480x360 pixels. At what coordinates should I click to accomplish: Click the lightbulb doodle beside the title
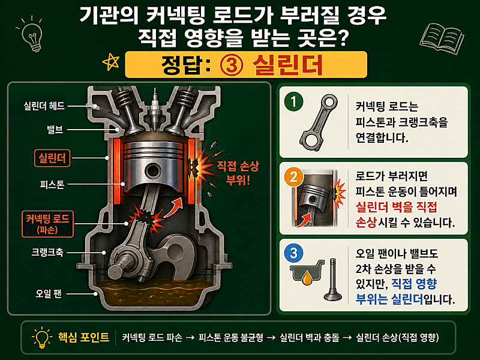click(33, 36)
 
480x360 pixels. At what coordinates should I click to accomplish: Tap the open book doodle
click(442, 38)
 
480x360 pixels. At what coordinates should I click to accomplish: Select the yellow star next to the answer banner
click(111, 62)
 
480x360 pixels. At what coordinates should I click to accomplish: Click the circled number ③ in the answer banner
click(232, 65)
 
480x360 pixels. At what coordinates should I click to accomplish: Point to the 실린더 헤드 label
click(44, 106)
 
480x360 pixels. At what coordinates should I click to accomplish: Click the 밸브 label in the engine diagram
click(55, 130)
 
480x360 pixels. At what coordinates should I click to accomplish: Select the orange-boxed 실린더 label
click(52, 158)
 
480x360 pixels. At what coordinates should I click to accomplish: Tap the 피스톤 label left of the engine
click(52, 184)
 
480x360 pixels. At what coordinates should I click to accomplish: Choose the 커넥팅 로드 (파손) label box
click(47, 224)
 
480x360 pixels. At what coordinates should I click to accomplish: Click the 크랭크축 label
click(47, 252)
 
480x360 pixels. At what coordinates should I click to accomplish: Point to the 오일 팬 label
click(49, 293)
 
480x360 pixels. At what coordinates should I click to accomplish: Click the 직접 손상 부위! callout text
click(238, 173)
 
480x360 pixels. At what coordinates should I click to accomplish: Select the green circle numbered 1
click(293, 101)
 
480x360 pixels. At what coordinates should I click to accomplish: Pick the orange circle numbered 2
click(293, 177)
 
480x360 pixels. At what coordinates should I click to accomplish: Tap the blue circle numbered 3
click(293, 253)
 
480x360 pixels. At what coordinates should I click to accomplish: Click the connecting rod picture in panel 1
click(319, 122)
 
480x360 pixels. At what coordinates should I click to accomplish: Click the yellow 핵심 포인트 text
click(83, 337)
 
